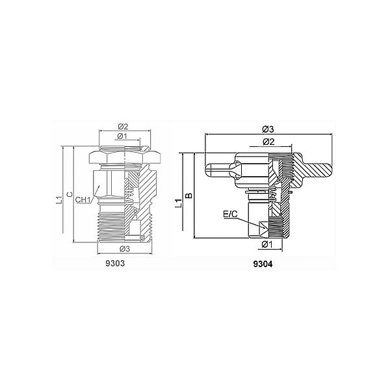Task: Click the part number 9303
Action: (115, 263)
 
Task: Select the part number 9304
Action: (263, 264)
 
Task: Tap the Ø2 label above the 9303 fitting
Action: (123, 126)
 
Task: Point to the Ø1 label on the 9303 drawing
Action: (122, 136)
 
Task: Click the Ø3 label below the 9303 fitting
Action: (125, 249)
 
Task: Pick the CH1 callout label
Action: (83, 200)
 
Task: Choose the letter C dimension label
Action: (70, 194)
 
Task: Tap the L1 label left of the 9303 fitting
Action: (58, 200)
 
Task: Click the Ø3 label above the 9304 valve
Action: (268, 129)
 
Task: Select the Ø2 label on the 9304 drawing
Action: (268, 142)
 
